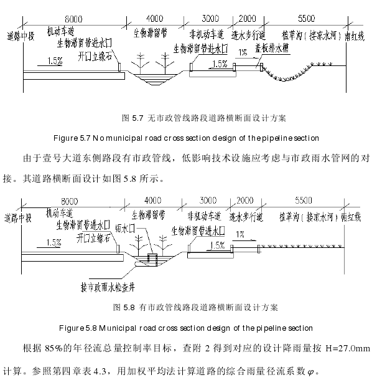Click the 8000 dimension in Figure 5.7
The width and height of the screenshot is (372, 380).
click(73, 19)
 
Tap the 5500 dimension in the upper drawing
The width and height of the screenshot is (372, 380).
click(307, 19)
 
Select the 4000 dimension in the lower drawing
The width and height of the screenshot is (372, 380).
click(153, 201)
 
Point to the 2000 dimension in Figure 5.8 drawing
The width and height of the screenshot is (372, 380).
click(245, 201)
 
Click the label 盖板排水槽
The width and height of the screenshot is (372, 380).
click(272, 48)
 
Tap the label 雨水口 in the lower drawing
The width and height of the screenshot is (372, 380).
click(125, 228)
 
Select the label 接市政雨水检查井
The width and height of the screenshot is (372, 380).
click(108, 287)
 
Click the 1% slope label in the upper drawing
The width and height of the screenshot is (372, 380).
click(243, 52)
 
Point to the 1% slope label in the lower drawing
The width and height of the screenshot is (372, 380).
click(240, 234)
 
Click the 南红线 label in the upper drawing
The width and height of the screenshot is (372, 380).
click(355, 36)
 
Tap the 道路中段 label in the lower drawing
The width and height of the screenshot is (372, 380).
click(18, 218)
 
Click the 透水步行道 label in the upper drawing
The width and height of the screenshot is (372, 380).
click(249, 36)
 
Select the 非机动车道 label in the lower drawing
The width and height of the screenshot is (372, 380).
click(205, 216)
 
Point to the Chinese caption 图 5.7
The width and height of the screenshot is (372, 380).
click(133, 118)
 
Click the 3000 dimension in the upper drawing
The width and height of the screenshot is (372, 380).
click(210, 19)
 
